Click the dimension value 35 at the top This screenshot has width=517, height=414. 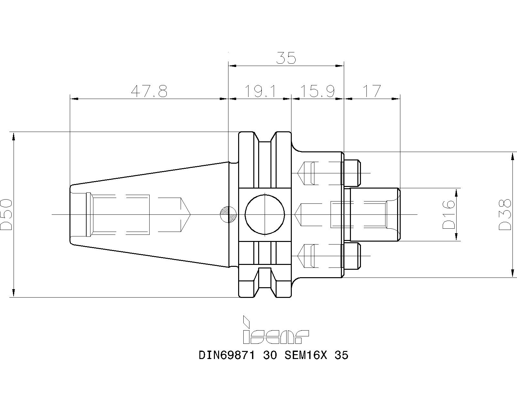coord(286,58)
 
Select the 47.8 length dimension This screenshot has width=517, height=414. coord(149,92)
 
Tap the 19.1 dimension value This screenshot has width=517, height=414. coord(260,92)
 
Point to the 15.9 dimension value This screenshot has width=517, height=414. coord(317,92)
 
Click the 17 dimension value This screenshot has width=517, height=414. coord(372,92)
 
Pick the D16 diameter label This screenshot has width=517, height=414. coord(448,214)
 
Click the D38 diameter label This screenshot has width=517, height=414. coord(505,214)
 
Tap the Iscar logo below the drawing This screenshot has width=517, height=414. coord(275,331)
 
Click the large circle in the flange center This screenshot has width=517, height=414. coord(265,214)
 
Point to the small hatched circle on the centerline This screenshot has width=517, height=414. coord(228,214)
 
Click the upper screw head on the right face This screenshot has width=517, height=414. coord(352,173)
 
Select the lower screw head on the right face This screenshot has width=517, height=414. coord(352,256)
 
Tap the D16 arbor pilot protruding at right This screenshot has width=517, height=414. coord(375,214)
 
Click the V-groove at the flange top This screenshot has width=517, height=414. coord(265,137)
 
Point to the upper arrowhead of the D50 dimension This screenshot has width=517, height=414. coord(14,137)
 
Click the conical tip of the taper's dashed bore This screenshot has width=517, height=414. coord(185,214)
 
